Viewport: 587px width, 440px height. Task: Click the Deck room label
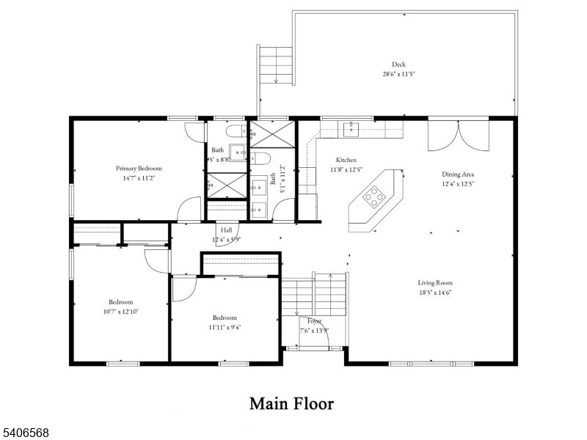click(x=398, y=65)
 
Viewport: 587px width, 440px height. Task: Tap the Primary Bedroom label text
click(x=139, y=168)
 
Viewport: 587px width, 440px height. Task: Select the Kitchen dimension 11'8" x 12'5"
click(x=346, y=170)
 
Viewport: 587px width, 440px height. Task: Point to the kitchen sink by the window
click(x=351, y=130)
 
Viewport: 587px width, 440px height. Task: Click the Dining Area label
click(x=457, y=175)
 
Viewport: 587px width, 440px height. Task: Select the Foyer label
click(x=314, y=321)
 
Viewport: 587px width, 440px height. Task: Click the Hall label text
click(x=226, y=230)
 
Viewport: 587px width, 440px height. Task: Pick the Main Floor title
click(x=291, y=403)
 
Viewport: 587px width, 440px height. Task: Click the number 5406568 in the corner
click(x=26, y=433)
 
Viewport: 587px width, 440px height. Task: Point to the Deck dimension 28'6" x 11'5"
click(x=398, y=74)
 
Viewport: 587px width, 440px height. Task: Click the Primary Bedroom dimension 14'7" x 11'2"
click(x=139, y=177)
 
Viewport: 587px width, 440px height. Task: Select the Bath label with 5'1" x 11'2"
click(x=274, y=177)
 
